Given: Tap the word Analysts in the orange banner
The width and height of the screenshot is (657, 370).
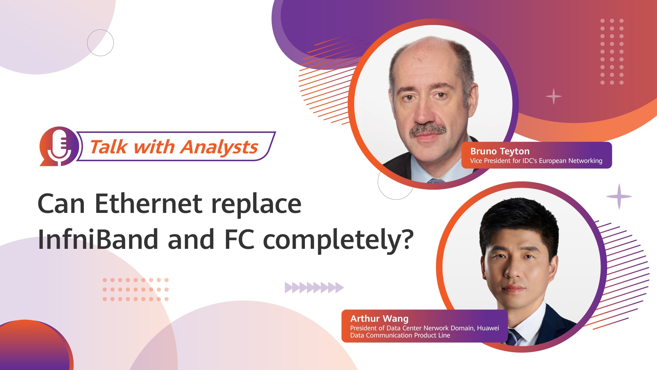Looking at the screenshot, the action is pos(219,148).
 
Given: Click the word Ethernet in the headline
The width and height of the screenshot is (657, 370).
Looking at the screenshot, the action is pos(148,204).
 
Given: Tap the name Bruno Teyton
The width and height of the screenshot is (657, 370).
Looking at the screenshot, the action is pos(500,151).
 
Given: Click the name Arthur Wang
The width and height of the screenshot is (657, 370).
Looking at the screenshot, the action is pos(379,319).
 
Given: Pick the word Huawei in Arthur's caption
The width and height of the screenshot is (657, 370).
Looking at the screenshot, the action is pos(488,328).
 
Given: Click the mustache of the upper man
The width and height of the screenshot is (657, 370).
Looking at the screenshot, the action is pos(428,130).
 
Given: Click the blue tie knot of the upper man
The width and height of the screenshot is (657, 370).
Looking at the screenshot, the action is pos(436,181).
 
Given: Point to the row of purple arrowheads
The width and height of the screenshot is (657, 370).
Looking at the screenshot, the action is pos(314,288).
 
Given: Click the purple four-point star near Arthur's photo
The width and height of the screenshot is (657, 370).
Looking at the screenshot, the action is pos(619,196).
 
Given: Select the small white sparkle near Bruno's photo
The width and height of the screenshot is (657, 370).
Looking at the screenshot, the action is pos(553,97).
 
